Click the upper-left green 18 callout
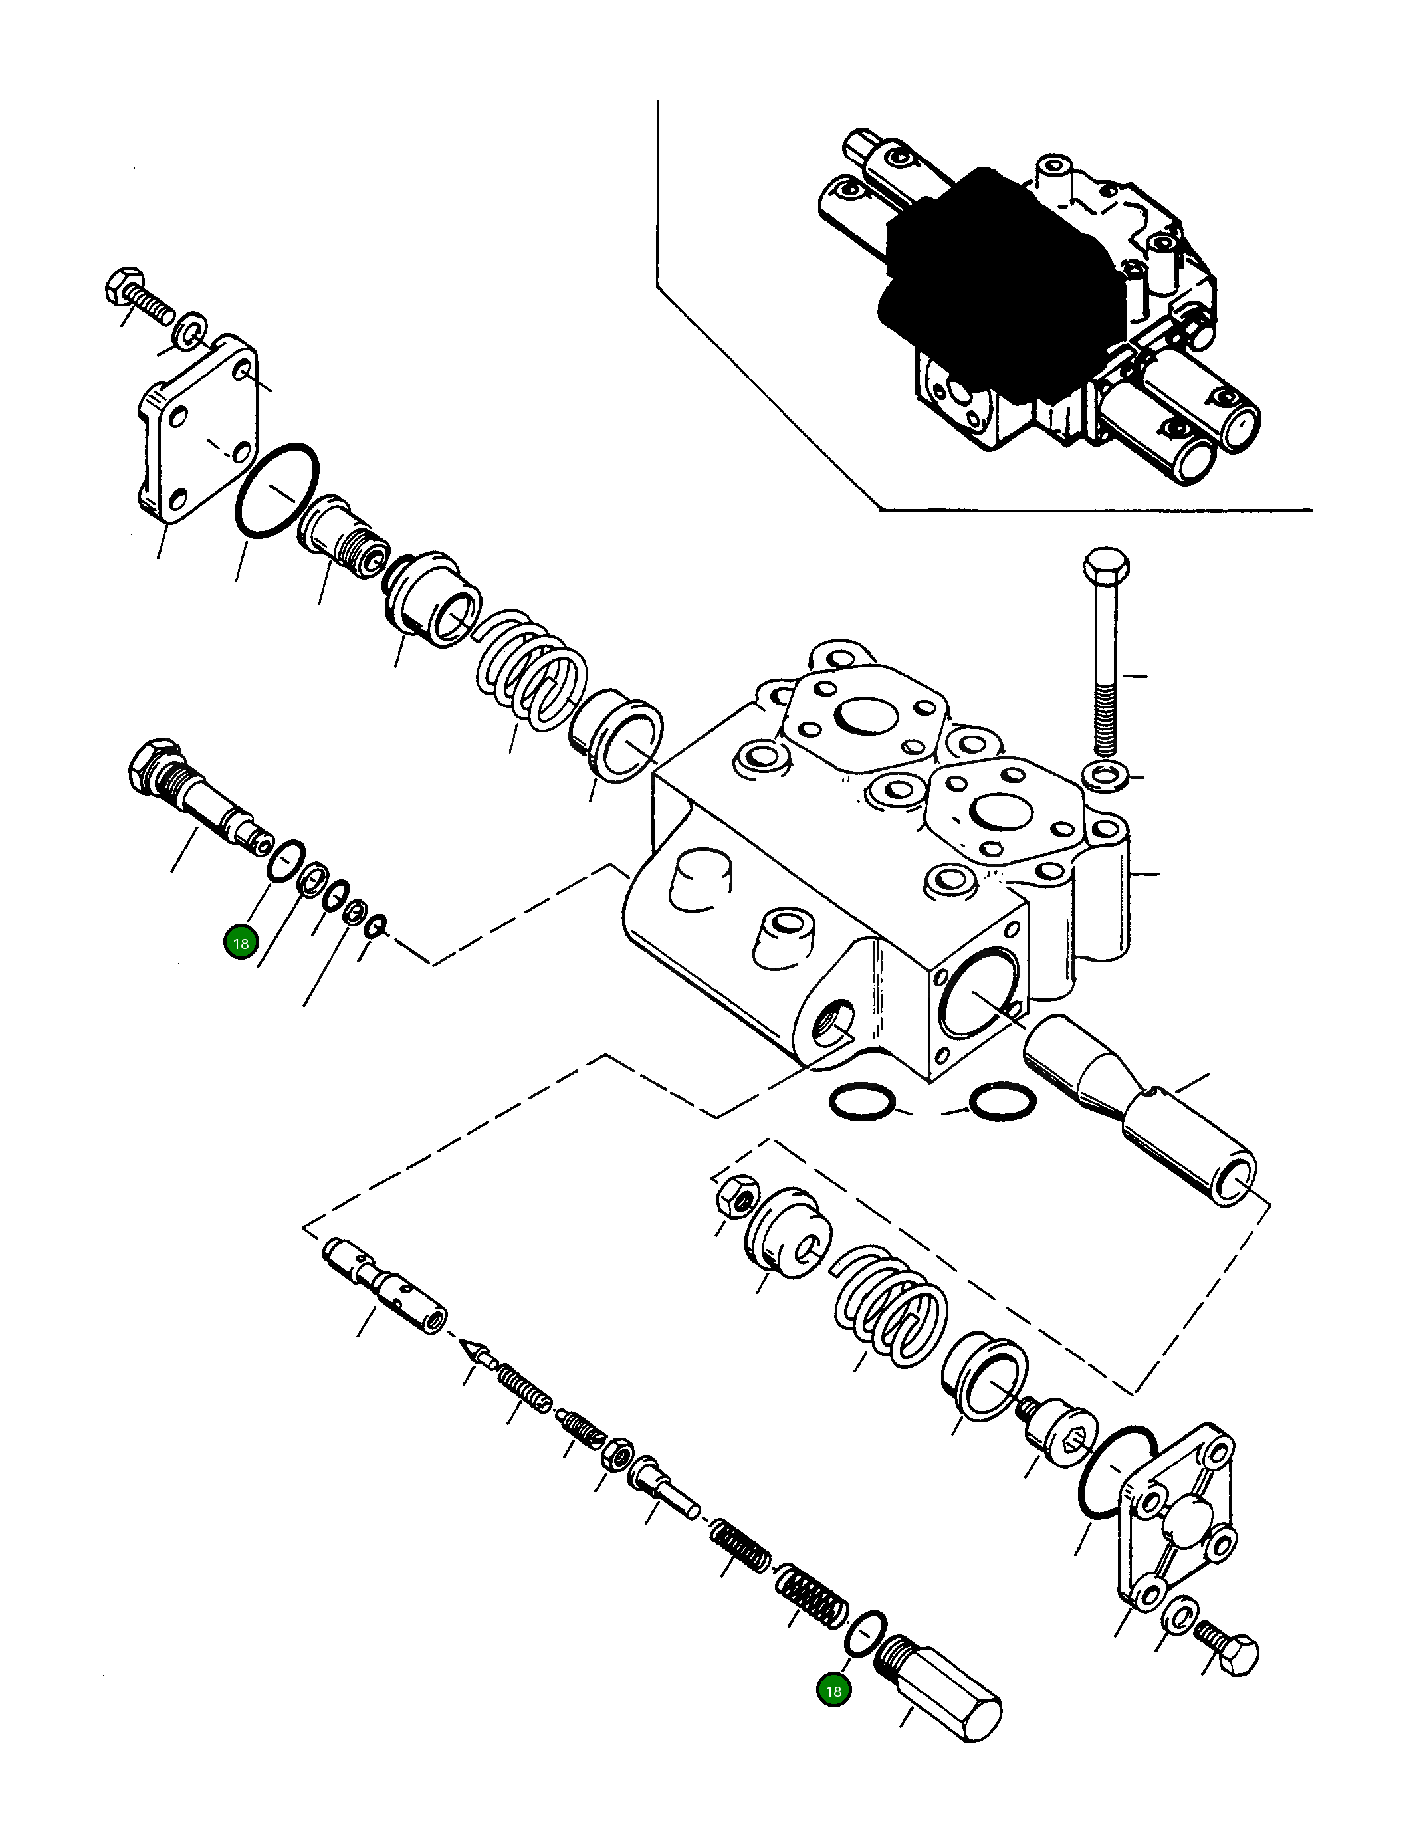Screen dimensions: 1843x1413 pos(241,943)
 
